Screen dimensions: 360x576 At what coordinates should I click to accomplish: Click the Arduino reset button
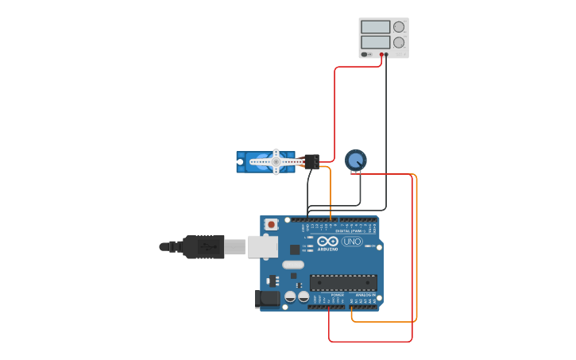[272, 225]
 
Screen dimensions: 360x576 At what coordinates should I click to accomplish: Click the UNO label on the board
[352, 242]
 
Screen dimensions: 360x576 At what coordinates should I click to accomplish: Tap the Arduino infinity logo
[327, 242]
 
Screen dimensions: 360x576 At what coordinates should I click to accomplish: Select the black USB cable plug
[202, 247]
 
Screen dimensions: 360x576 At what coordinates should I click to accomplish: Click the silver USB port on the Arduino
[262, 247]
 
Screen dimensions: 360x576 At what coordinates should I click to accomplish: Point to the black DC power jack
[268, 299]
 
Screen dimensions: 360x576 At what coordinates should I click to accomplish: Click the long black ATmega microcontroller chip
[343, 282]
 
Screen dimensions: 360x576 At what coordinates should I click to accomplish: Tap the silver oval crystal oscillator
[292, 265]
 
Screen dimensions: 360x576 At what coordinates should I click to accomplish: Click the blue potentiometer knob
[355, 161]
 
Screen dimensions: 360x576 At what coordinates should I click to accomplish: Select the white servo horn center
[276, 161]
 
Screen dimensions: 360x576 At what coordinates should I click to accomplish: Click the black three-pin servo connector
[311, 161]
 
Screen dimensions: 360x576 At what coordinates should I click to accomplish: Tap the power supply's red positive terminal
[381, 55]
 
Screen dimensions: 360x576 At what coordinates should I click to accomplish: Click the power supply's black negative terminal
[387, 55]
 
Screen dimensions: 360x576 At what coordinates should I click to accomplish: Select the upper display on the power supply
[375, 27]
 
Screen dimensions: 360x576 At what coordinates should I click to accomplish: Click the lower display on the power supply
[375, 42]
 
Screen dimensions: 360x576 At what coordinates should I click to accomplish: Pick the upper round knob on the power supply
[399, 27]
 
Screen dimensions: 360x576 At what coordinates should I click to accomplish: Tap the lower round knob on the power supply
[399, 42]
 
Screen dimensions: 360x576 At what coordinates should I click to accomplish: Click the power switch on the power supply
[365, 55]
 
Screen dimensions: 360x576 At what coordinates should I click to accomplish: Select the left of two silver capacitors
[291, 296]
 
